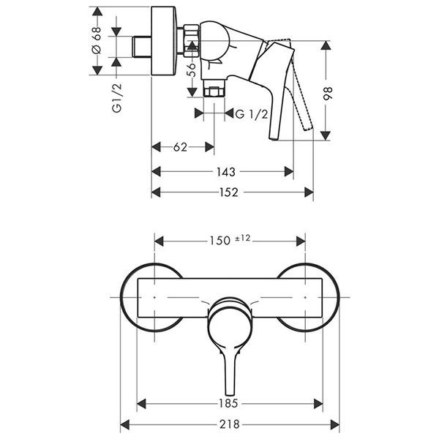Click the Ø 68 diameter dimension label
pos(96,40)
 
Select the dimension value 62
pos(180,147)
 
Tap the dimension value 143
pos(226,172)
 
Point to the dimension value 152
pos(229,192)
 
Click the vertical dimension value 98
pos(327,94)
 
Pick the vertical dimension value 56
pos(192,70)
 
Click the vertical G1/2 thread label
pos(117,98)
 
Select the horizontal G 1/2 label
pos(252,114)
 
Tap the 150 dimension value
pos(220,241)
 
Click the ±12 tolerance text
pos(242,239)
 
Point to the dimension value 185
pos(228,403)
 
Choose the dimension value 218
pos(230,424)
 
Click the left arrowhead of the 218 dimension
pos(125,424)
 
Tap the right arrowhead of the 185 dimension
pos(318,404)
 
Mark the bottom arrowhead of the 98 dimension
pos(326,135)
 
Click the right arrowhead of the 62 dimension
pos(210,147)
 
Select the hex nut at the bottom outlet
pos(214,92)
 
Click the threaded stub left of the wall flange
pos(142,47)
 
